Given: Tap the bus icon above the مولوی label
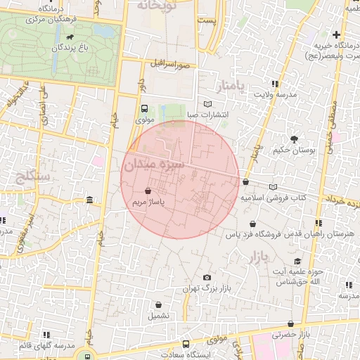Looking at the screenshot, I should (144, 109).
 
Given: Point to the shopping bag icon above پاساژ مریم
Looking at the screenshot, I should (147, 191).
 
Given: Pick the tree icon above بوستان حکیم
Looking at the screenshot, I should (294, 139).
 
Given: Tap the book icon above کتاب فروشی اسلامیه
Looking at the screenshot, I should (273, 187).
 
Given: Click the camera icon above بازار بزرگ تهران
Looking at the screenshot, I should (206, 277).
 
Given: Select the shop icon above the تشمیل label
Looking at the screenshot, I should (158, 304).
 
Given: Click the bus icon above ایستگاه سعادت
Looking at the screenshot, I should (186, 345).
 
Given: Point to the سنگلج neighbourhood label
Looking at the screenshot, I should (32, 176).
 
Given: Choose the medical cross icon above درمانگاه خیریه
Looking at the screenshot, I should (337, 34).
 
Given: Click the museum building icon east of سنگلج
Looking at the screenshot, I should (89, 202).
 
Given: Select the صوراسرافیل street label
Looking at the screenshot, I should (170, 64).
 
